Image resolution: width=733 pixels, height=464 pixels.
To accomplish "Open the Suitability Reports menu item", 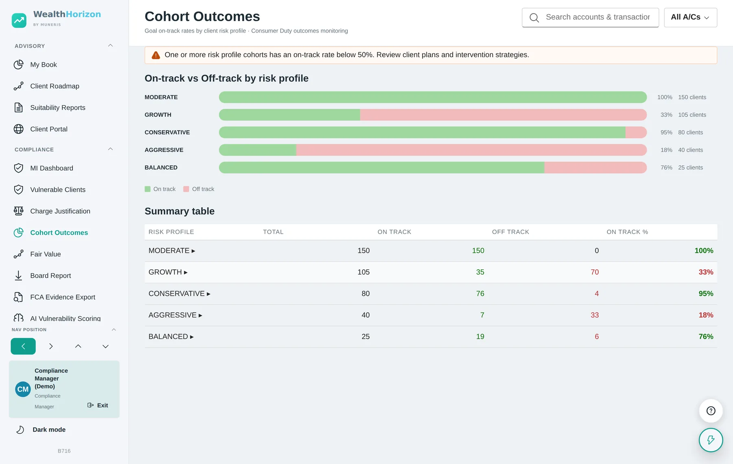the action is click(57, 107).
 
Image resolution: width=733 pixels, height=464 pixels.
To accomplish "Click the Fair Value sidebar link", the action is click(45, 254).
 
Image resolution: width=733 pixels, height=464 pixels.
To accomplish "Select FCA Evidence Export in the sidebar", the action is click(62, 297).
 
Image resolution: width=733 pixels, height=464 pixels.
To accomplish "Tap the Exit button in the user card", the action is click(98, 405).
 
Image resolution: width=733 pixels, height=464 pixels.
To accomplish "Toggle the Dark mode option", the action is click(49, 430).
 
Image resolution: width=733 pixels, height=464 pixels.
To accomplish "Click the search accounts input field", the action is click(590, 18).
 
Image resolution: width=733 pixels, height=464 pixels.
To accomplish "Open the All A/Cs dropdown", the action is click(690, 18).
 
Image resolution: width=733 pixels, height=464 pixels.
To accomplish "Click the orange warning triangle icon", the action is click(156, 55).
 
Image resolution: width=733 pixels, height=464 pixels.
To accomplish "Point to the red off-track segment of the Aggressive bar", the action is click(472, 150).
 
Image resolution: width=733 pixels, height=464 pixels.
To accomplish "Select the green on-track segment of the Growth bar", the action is click(290, 115).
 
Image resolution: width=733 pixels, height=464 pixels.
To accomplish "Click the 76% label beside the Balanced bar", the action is click(666, 168).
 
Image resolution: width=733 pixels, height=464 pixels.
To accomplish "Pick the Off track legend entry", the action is click(199, 189).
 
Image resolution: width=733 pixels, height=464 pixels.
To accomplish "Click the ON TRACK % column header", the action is click(627, 232).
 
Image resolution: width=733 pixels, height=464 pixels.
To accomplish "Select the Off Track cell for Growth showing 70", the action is click(595, 272).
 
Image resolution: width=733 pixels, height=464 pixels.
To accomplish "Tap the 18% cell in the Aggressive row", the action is click(706, 315).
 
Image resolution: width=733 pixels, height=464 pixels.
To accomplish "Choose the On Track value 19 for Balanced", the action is click(480, 337).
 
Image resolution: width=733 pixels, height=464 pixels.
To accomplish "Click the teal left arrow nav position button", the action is click(23, 346).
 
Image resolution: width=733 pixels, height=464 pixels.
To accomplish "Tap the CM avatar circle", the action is click(23, 389).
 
